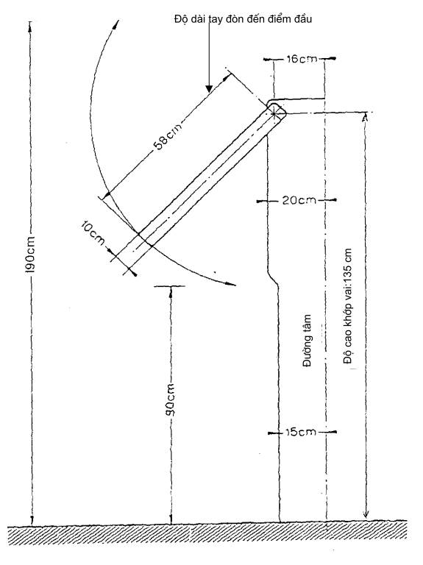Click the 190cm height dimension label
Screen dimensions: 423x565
pyautogui.click(x=31, y=255)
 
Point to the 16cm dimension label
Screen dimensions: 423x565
pyautogui.click(x=302, y=59)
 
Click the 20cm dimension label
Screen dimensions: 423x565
pyautogui.click(x=299, y=200)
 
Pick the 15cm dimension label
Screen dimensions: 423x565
pyautogui.click(x=300, y=432)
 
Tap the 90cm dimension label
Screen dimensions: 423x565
pyautogui.click(x=171, y=401)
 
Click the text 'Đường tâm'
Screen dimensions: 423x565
pyautogui.click(x=307, y=341)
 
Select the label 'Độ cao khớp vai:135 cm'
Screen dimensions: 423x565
pyautogui.click(x=348, y=306)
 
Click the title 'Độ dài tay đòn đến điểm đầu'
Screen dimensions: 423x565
pyautogui.click(x=243, y=18)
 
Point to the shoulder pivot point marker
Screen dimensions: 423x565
pyautogui.click(x=274, y=114)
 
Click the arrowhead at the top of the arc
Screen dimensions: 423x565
pyautogui.click(x=115, y=25)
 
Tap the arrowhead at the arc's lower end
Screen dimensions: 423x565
pyautogui.click(x=230, y=284)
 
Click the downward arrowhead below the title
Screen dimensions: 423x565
pyautogui.click(x=209, y=89)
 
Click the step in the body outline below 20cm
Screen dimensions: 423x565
pyautogui.click(x=273, y=277)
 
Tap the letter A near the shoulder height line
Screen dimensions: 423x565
pyautogui.click(x=365, y=118)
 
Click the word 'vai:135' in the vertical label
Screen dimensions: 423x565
pyautogui.click(x=348, y=291)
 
